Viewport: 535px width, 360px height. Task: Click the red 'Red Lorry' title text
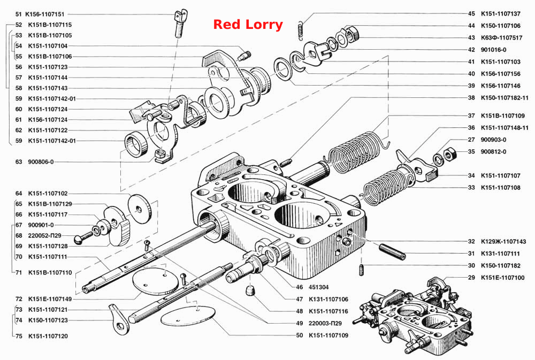tap(248, 25)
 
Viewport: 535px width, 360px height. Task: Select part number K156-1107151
tap(45, 14)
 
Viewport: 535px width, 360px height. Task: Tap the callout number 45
tap(471, 14)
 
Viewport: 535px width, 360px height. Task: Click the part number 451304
tap(319, 287)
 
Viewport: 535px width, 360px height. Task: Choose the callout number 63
tap(18, 162)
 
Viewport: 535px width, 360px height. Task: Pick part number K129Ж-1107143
tap(503, 242)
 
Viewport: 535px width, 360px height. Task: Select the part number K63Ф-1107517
tap(502, 38)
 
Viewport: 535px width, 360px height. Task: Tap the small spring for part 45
tap(300, 28)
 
